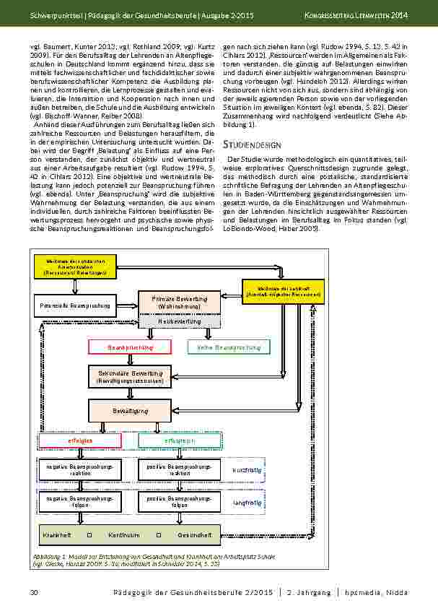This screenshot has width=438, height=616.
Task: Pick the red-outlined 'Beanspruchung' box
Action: [x=131, y=347]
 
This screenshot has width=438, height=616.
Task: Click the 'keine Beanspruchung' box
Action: [x=228, y=347]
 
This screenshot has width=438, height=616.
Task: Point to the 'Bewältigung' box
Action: [x=131, y=410]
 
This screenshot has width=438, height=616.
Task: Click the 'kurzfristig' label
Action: [x=243, y=470]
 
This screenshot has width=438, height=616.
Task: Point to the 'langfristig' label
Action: [x=243, y=502]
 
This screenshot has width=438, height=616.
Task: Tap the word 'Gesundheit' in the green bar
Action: [x=194, y=535]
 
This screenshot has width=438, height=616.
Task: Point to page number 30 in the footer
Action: [x=33, y=593]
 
